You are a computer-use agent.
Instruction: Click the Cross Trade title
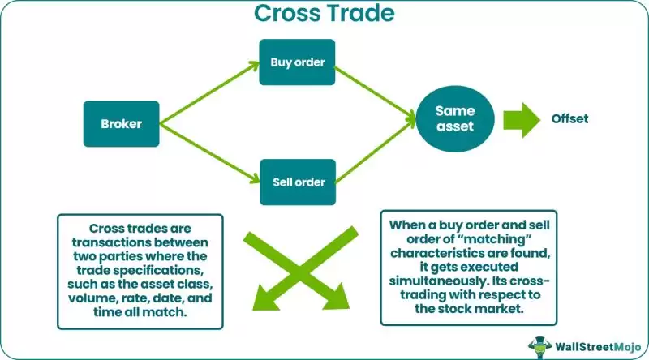click(x=324, y=14)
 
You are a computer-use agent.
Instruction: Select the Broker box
click(x=122, y=124)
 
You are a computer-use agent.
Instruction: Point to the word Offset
click(x=570, y=118)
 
